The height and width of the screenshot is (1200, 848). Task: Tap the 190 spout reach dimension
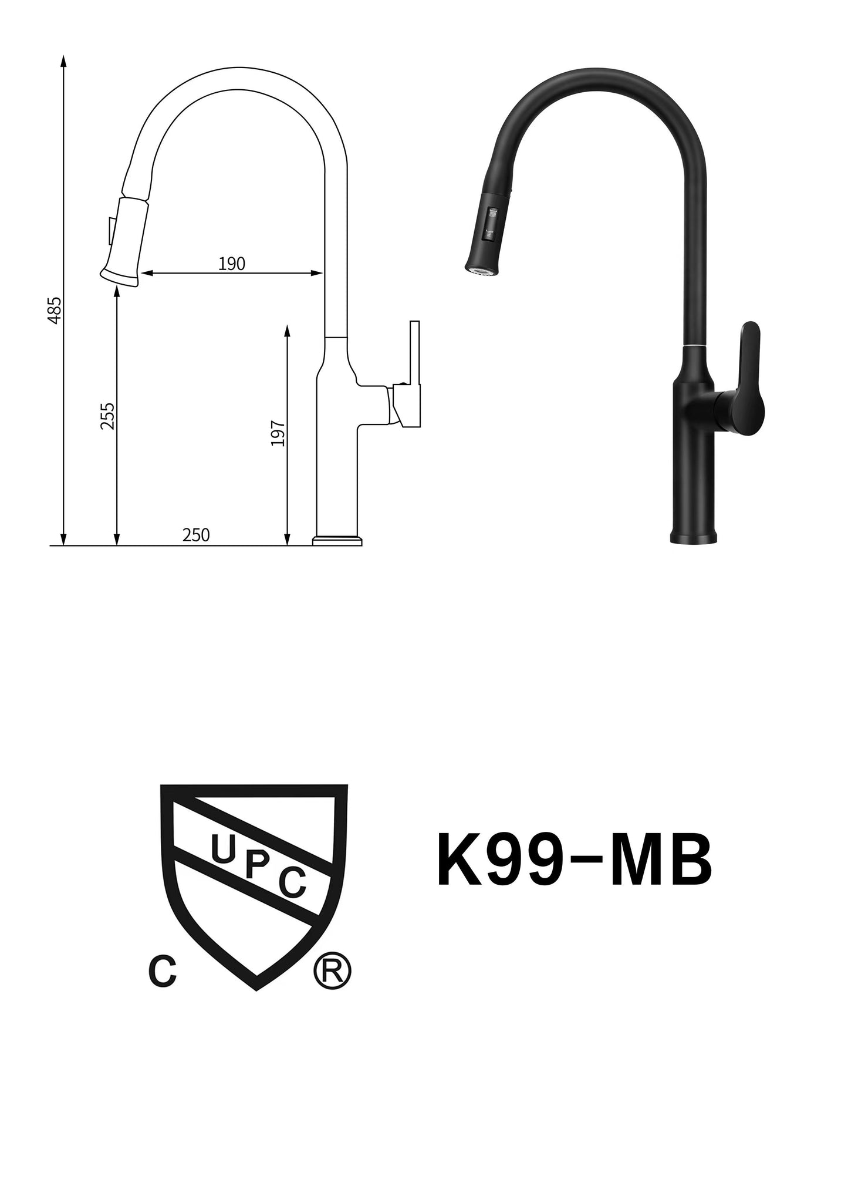[231, 264]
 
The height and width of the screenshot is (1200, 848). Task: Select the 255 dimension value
[107, 416]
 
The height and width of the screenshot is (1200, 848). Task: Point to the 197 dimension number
[278, 433]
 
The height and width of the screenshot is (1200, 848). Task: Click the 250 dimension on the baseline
[196, 535]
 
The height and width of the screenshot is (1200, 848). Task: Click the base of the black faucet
[694, 535]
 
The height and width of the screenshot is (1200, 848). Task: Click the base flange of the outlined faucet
[337, 540]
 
